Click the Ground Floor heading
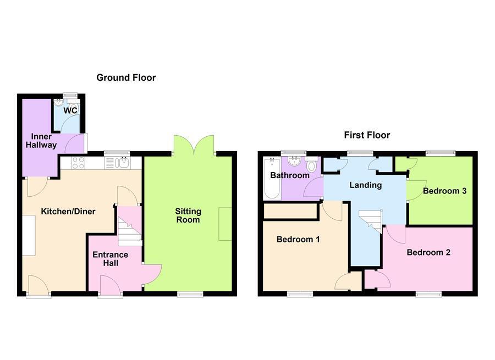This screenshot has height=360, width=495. pyautogui.click(x=126, y=77)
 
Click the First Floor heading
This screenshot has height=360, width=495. pyautogui.click(x=367, y=135)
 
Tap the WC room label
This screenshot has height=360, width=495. pyautogui.click(x=70, y=110)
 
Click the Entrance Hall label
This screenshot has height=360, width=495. pyautogui.click(x=110, y=259)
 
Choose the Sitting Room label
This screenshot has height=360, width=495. pyautogui.click(x=188, y=215)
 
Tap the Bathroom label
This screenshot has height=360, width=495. pyautogui.click(x=289, y=175)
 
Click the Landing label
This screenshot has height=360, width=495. pyautogui.click(x=366, y=185)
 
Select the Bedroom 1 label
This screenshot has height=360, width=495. pyautogui.click(x=298, y=240)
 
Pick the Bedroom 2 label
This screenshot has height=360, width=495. pyautogui.click(x=428, y=252)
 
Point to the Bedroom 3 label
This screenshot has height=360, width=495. pyautogui.click(x=444, y=191)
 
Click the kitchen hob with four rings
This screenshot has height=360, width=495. pyautogui.click(x=78, y=163)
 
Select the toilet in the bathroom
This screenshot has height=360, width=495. pyautogui.click(x=312, y=165)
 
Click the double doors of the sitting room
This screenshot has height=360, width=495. pyautogui.click(x=194, y=145)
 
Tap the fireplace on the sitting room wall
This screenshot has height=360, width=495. pyautogui.click(x=225, y=224)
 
